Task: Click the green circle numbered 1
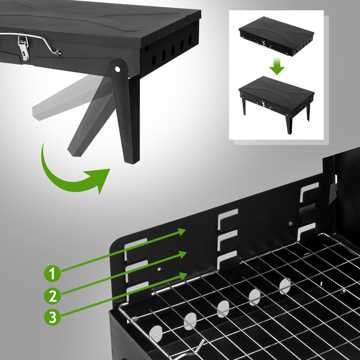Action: (52, 273)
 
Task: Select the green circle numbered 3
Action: (52, 317)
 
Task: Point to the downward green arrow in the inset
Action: (278, 67)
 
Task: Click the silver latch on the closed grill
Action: (23, 49)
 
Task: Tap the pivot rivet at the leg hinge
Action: (118, 70)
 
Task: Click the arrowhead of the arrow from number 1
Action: (182, 232)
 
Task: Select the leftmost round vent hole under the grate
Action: (156, 333)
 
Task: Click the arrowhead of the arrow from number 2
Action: (182, 254)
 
